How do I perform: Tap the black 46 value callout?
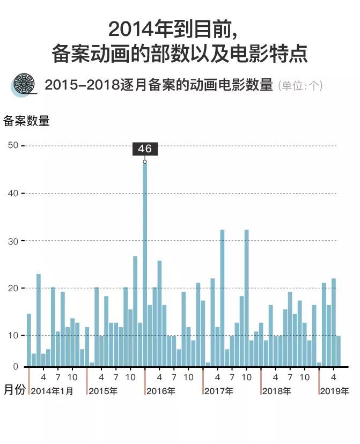145,149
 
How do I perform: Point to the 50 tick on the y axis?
13,145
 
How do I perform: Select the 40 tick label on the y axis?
13,193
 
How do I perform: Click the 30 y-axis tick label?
13,241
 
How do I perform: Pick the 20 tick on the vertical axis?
13,288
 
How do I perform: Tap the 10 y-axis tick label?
13,335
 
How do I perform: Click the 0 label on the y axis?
16,367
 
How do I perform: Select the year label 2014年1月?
52,391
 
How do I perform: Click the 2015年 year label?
103,391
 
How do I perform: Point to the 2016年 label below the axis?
161,391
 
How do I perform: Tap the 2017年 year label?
219,391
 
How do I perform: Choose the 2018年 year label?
277,391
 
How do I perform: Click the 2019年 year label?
335,391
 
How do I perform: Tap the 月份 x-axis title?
14,390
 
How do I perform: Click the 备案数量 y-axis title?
26,121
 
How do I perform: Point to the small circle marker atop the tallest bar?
145,161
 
